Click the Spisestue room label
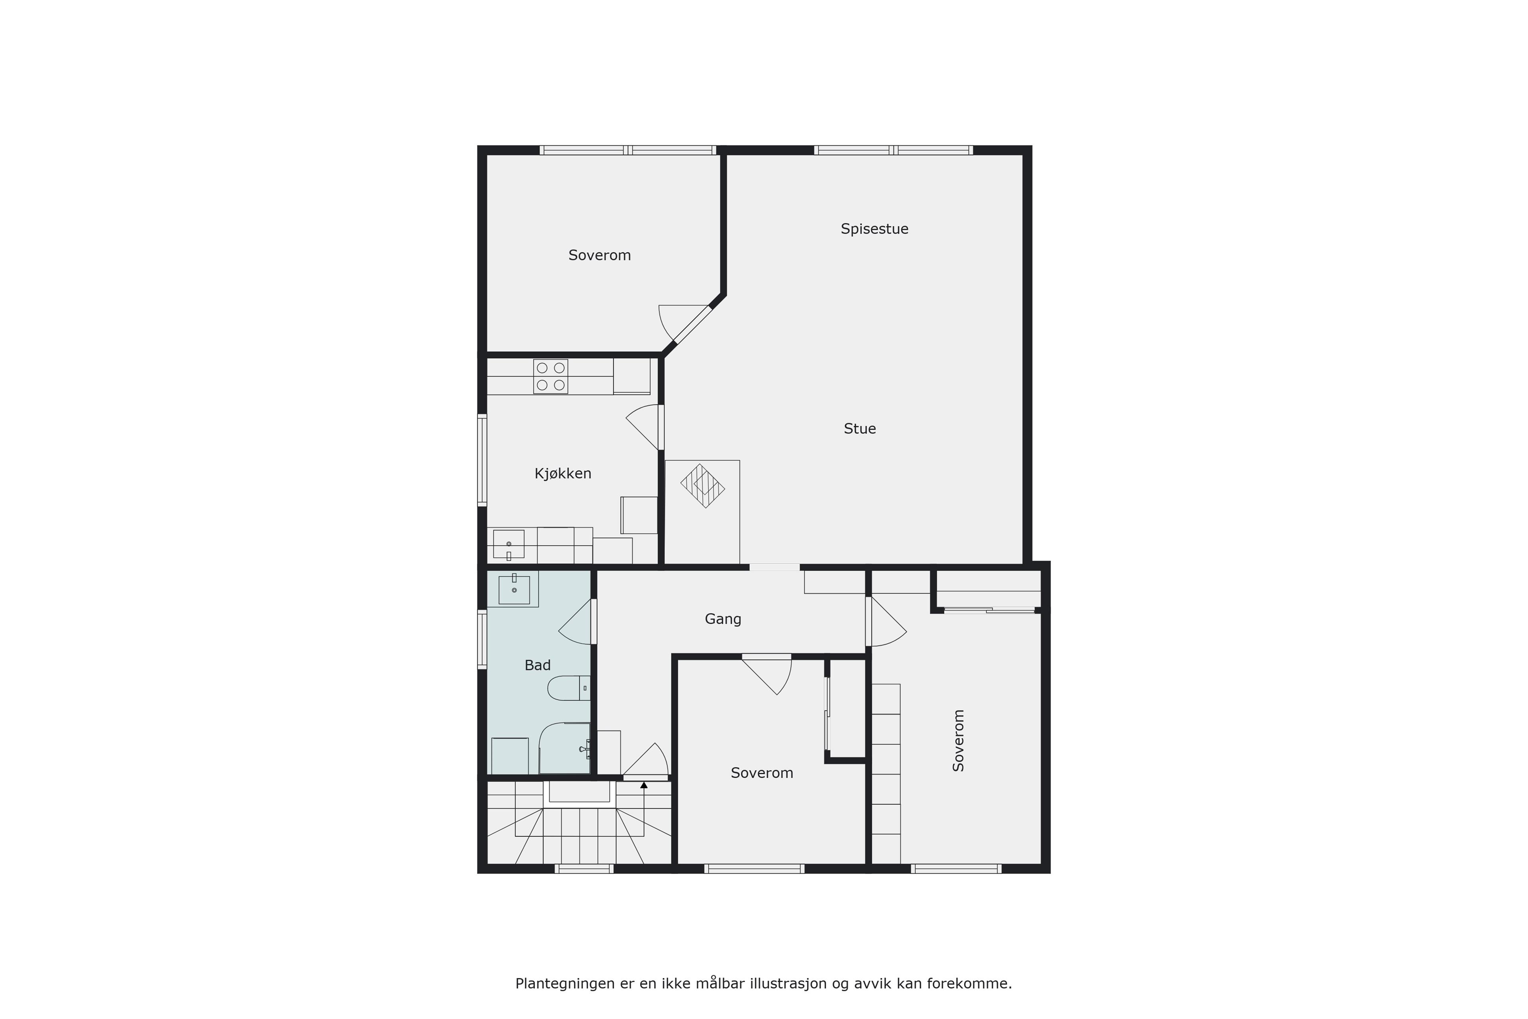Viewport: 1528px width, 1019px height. click(875, 229)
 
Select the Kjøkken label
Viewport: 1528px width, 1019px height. click(563, 474)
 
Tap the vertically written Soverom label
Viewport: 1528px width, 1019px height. click(958, 740)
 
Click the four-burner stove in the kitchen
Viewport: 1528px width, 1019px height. click(550, 376)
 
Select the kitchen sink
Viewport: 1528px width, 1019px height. click(509, 545)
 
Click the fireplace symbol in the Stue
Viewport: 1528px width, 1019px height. click(702, 486)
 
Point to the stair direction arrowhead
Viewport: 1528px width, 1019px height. click(644, 785)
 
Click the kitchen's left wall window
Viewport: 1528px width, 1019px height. click(482, 460)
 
